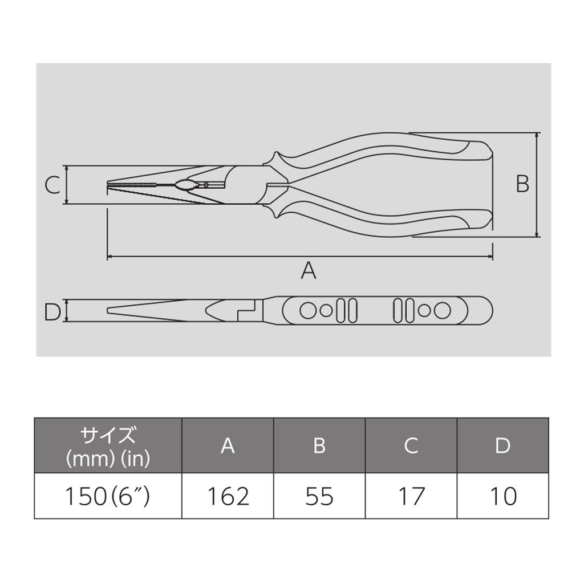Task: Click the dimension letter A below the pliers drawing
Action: coord(308,270)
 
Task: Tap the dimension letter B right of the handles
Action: coord(522,184)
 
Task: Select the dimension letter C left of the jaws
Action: coord(52,185)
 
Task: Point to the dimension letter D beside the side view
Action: coord(52,311)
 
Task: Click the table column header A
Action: coord(228,445)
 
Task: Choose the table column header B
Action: coord(319,445)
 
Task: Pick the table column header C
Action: coord(411,445)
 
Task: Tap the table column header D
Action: coord(502,445)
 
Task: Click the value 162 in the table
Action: coord(228,496)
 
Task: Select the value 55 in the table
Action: coord(319,496)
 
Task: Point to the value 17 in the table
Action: coord(411,496)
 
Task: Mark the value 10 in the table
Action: coord(502,496)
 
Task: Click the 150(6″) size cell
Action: coord(107,496)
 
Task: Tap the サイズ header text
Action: coord(108,436)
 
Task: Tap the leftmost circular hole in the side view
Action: coord(308,311)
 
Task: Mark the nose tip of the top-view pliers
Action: coord(108,184)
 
